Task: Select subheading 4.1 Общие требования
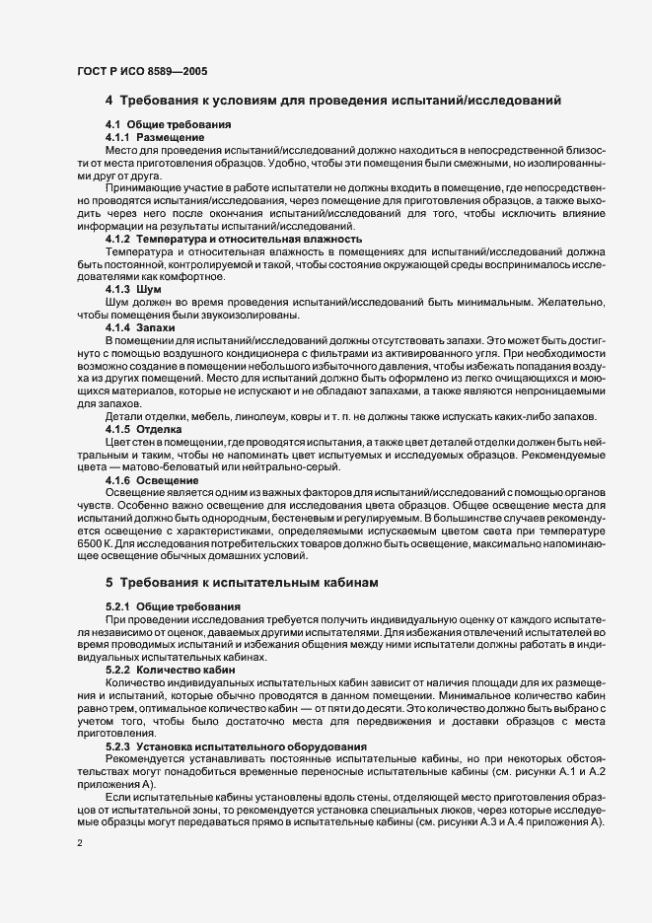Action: [168, 124]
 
